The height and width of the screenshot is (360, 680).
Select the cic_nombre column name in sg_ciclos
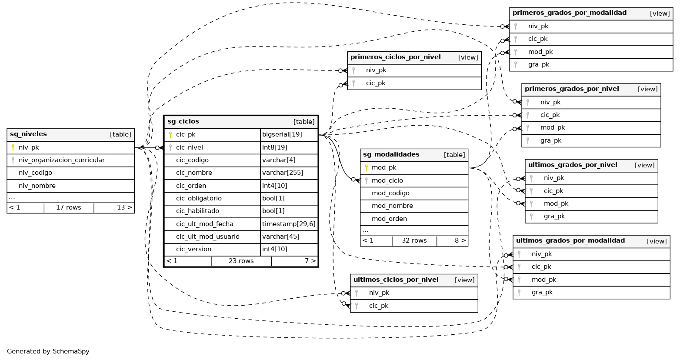coord(194,173)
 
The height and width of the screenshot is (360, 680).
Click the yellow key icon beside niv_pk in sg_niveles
coord(13,148)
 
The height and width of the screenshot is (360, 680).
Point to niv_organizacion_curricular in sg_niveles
coord(61,160)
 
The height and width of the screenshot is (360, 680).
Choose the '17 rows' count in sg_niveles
coord(69,208)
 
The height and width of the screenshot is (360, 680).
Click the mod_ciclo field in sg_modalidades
coord(387,180)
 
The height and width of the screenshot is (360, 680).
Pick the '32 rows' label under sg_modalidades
coord(414,241)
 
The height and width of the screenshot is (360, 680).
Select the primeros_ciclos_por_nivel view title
coord(395,57)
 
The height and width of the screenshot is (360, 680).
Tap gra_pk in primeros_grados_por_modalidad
coord(539,65)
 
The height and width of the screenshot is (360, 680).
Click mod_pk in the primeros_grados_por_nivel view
coord(552,128)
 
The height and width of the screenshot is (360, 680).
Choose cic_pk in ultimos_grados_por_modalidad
coord(541,267)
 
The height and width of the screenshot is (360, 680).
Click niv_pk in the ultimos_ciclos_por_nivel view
coord(379,293)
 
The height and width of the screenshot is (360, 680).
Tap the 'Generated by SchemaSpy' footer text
coord(48,351)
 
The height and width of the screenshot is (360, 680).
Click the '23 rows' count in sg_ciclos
coord(241,261)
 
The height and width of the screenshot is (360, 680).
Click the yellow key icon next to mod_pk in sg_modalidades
coord(366,168)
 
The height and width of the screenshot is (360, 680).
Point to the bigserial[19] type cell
coord(282,135)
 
